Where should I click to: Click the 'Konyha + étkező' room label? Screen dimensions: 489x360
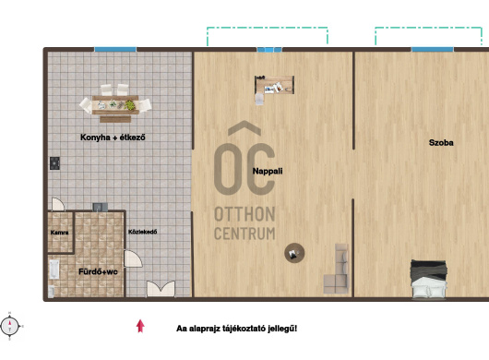(x=113, y=138)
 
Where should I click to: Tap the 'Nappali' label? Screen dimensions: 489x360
(x=268, y=172)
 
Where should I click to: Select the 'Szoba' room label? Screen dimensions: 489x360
(x=441, y=143)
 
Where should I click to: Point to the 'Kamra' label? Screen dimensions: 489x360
(x=59, y=233)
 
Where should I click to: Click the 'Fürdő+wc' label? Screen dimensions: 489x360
(x=98, y=271)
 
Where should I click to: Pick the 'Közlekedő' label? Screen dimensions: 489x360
(x=142, y=232)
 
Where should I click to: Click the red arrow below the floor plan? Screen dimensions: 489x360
(x=140, y=326)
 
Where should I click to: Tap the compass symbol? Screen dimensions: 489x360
(x=10, y=327)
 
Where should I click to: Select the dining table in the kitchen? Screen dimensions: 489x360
(x=115, y=105)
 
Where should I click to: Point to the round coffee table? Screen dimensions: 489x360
(x=294, y=253)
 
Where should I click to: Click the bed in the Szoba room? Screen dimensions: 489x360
(x=429, y=279)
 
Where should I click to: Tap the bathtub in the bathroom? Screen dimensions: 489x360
(x=54, y=270)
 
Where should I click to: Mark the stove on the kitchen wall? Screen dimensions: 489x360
(x=54, y=163)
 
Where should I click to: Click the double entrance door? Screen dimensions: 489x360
(x=161, y=288)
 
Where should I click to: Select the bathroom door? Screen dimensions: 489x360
(x=133, y=258)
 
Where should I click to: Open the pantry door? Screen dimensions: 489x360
(x=58, y=204)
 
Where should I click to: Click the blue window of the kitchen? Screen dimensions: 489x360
(x=115, y=49)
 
